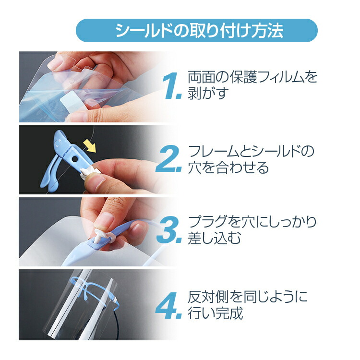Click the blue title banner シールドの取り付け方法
pos(196,31)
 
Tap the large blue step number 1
pos(172,86)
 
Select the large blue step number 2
pos(169,158)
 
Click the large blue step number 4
pos(169,305)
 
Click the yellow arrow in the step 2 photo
pos(90,146)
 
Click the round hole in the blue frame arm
pos(75,159)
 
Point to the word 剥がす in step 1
pos(208,93)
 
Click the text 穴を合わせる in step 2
pos(228,168)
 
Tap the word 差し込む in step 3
pos(214,238)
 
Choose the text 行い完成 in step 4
pos(216,313)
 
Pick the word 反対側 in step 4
pos(208,297)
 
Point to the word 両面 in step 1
pos(201,77)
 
